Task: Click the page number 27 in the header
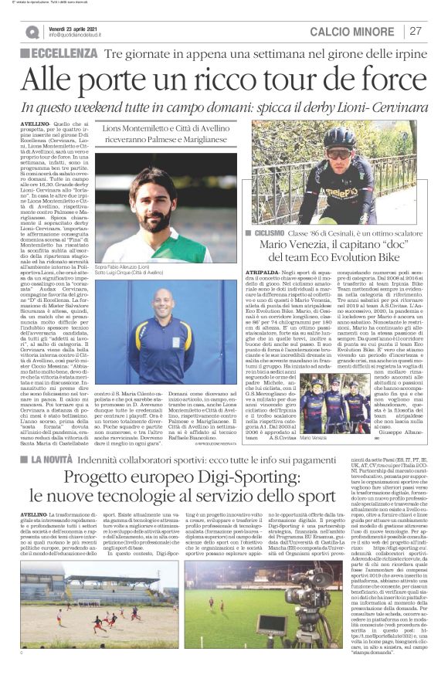coord(416,32)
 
